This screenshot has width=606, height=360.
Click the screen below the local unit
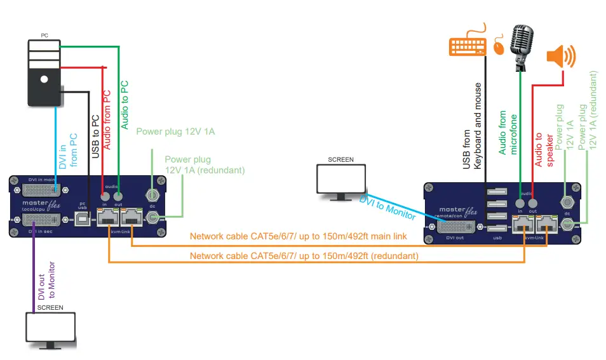tap(50, 329)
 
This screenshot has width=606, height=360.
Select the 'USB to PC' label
tap(95, 136)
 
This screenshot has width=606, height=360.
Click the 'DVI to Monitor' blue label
tap(387, 208)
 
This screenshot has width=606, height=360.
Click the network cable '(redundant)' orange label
tap(304, 256)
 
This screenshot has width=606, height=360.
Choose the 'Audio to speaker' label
tap(543, 150)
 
